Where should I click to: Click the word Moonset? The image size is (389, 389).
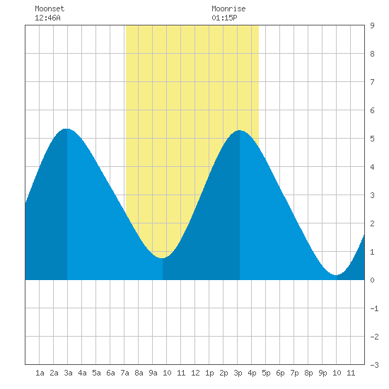50,8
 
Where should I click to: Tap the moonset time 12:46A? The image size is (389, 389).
47,18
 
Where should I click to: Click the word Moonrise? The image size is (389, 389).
228,8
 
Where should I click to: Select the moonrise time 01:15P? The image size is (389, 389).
224,18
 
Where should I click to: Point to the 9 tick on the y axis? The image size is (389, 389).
372,25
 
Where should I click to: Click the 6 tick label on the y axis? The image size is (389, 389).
372,110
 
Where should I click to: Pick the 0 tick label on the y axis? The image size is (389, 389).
372,280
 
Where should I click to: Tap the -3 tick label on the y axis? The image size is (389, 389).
374,365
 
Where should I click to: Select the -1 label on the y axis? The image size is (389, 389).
374,308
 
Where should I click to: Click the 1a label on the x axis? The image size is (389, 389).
40,373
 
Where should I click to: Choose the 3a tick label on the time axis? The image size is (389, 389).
68,373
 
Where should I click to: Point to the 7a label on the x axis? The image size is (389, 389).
124,373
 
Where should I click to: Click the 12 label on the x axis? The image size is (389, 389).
195,373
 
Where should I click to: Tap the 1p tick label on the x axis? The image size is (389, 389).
209,373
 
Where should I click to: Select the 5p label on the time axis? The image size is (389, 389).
266,373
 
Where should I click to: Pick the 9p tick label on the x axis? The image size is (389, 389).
323,373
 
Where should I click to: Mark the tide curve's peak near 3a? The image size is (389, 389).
66,129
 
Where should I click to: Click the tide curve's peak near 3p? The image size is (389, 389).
239,130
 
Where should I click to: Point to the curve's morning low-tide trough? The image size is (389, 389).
162,258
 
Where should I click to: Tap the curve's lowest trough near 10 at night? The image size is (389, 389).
336,275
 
